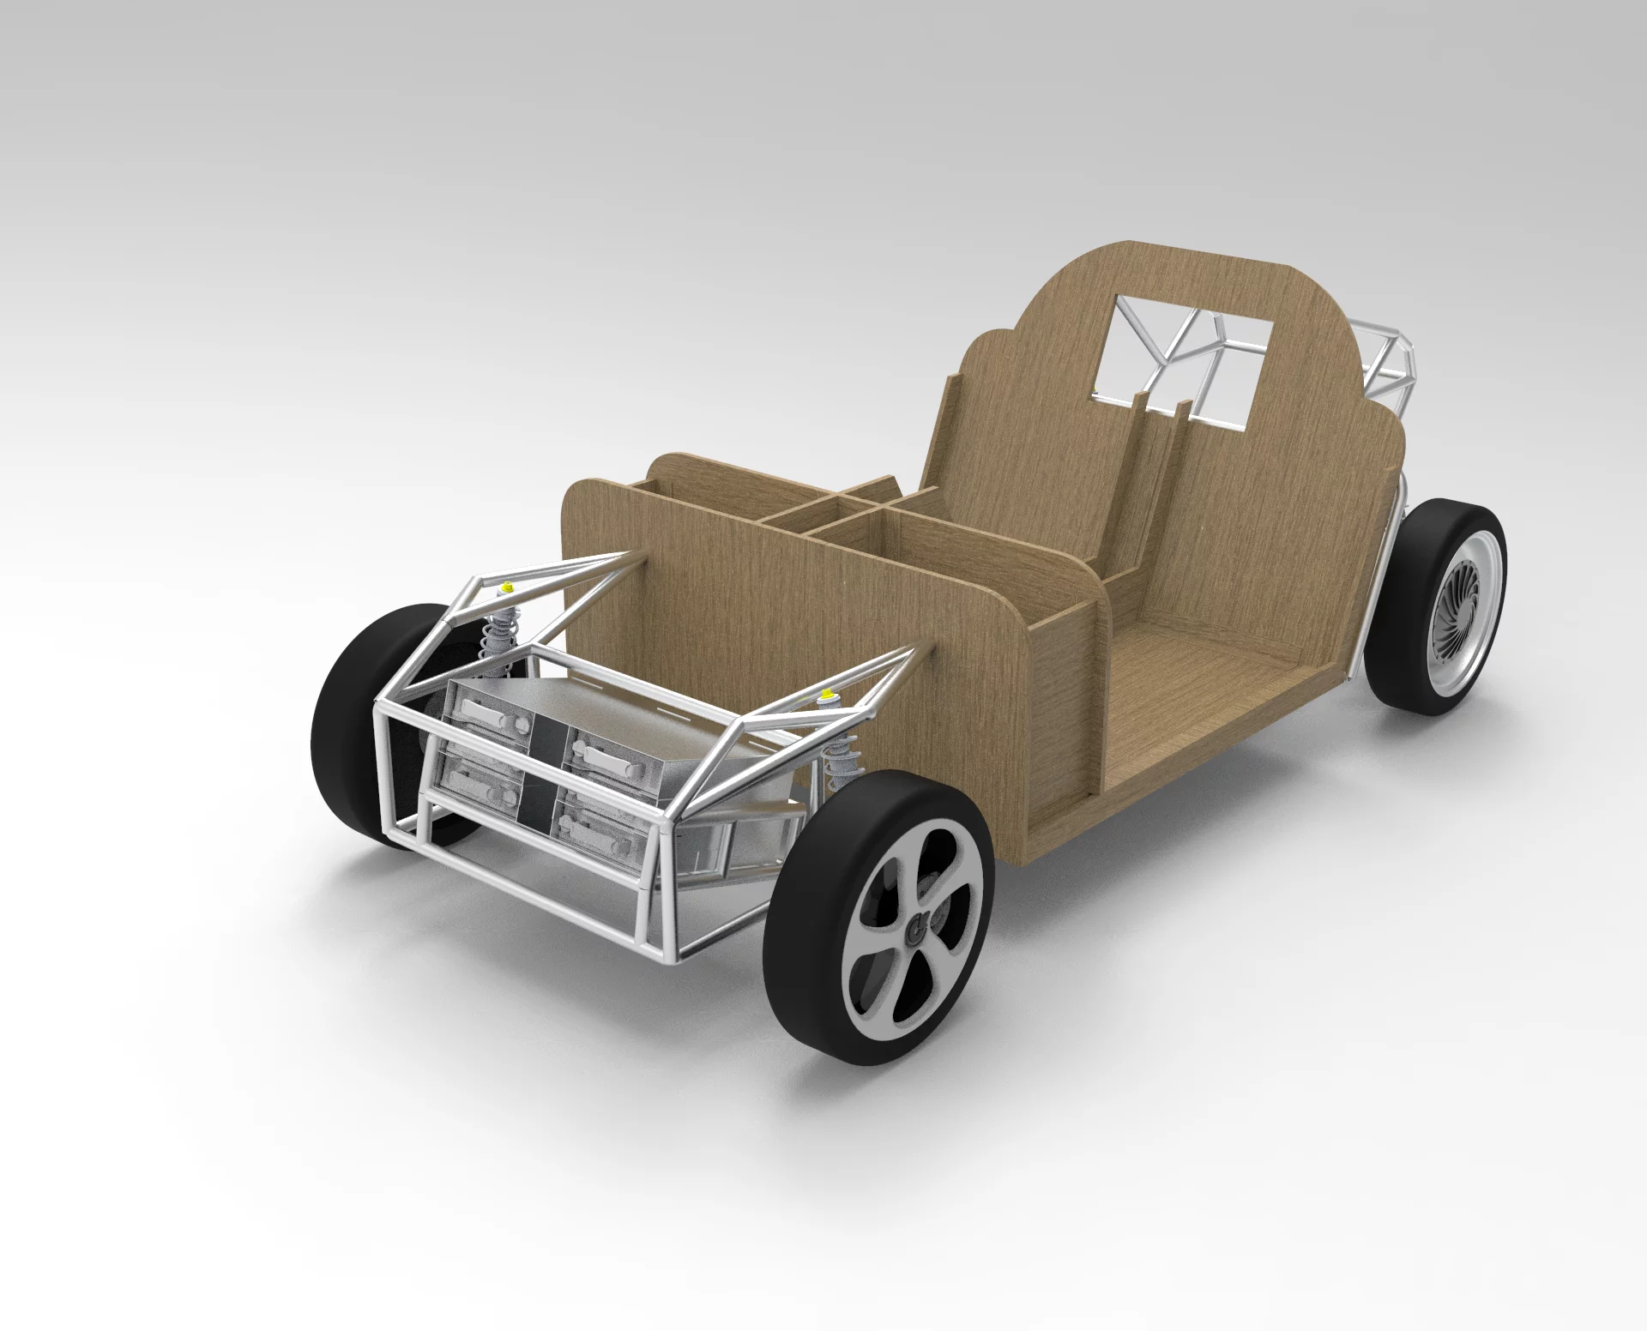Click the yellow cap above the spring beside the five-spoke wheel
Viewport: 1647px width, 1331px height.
pyautogui.click(x=828, y=694)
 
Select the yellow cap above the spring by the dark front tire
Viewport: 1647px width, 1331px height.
pyautogui.click(x=507, y=587)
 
